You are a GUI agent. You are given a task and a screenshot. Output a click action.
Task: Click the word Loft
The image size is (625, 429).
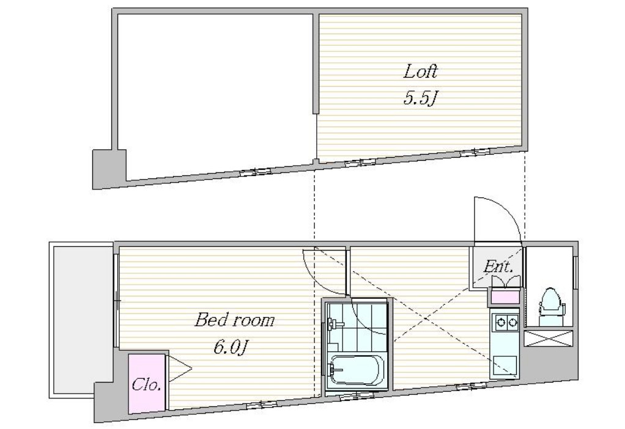(x=421, y=72)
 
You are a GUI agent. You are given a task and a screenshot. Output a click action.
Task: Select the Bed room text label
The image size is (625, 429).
(x=234, y=320)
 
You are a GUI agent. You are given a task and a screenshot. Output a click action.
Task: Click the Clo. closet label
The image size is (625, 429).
(x=146, y=385)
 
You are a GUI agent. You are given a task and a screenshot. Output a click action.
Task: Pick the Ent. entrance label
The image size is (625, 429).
(x=498, y=266)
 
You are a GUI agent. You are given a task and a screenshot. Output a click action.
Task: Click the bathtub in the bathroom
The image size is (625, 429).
(x=355, y=370)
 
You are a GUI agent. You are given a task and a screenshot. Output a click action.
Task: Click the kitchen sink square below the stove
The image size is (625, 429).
(x=505, y=366)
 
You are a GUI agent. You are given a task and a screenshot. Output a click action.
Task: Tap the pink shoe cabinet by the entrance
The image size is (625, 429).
(x=505, y=297)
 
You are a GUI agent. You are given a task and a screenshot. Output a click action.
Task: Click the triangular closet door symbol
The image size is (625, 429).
(x=179, y=369)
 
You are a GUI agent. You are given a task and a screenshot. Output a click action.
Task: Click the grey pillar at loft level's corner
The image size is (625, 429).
(x=109, y=169)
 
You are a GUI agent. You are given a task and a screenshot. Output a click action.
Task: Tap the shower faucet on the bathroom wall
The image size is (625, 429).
(x=334, y=323)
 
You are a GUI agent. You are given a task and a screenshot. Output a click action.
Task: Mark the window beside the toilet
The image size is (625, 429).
(x=575, y=272)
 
